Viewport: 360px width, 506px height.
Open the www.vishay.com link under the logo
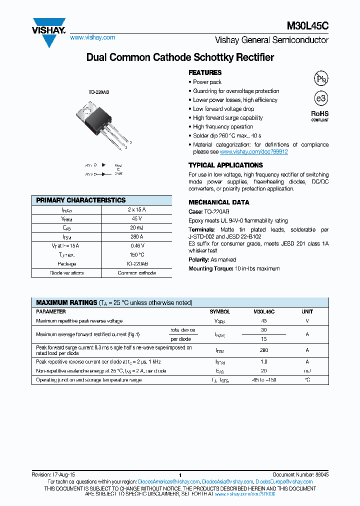pyautogui.click(x=92, y=37)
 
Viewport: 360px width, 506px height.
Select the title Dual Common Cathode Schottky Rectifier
pyautogui.click(x=180, y=57)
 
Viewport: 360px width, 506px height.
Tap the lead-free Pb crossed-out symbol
pyautogui.click(x=320, y=78)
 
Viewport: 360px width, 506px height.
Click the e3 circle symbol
pyautogui.click(x=320, y=98)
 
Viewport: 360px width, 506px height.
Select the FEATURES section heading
pyautogui.click(x=205, y=72)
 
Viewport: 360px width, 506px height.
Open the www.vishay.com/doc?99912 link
pyautogui.click(x=253, y=151)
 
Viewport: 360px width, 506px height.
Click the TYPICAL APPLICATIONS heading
pyautogui.click(x=225, y=165)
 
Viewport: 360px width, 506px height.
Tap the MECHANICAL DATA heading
pyautogui.click(x=218, y=202)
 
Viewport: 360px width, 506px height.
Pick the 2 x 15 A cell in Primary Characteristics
pyautogui.click(x=136, y=210)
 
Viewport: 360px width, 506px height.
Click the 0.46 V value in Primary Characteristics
pyautogui.click(x=136, y=246)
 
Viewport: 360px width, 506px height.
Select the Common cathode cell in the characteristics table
pyautogui.click(x=136, y=273)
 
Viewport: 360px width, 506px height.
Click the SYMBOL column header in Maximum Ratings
pyautogui.click(x=220, y=311)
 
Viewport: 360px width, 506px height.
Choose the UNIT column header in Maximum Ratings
pyautogui.click(x=307, y=311)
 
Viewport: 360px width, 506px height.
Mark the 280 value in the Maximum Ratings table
pyautogui.click(x=263, y=350)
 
